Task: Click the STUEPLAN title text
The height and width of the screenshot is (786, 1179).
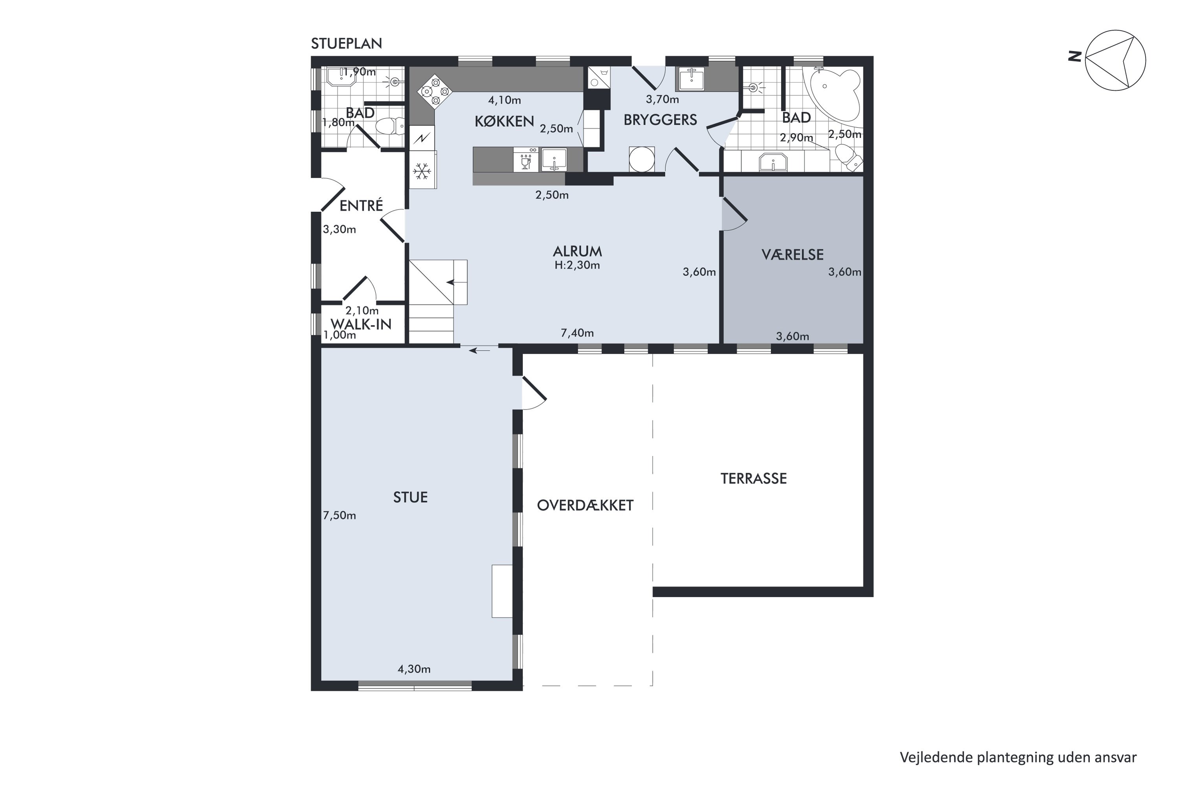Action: coord(346,44)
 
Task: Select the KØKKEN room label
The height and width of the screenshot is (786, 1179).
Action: coord(504,121)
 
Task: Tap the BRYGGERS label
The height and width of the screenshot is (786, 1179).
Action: coord(660,120)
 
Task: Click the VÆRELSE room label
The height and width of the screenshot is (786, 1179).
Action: coord(793,255)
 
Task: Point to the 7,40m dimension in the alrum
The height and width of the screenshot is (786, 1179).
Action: coord(577,333)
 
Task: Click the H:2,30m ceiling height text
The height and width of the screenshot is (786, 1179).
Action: coord(577,265)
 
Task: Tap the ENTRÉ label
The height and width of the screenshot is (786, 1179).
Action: coord(361,206)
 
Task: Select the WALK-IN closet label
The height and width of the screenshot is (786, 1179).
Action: coord(361,324)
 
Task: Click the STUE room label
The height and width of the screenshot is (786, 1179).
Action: coord(410,497)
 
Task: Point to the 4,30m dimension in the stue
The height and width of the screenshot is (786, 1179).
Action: coord(414,669)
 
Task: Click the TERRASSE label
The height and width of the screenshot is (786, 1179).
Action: coord(753,479)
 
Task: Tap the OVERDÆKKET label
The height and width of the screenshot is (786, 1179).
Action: coord(585,505)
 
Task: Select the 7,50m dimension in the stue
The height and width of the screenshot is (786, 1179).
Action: coord(340,515)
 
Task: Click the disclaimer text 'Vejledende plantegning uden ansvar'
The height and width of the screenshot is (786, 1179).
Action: coord(1018,757)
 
